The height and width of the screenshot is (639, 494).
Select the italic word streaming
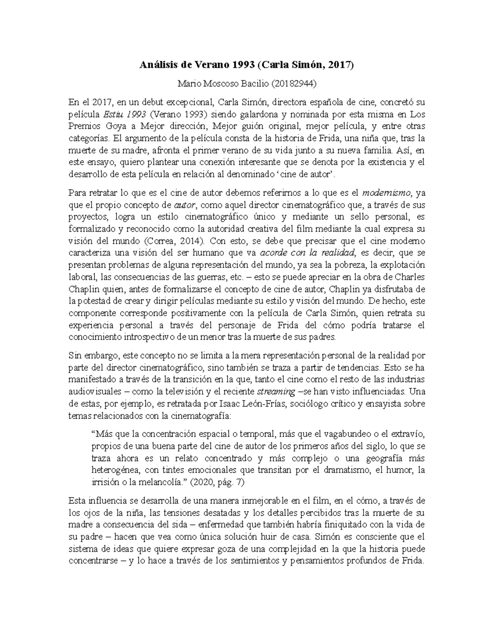coord(276,391)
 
